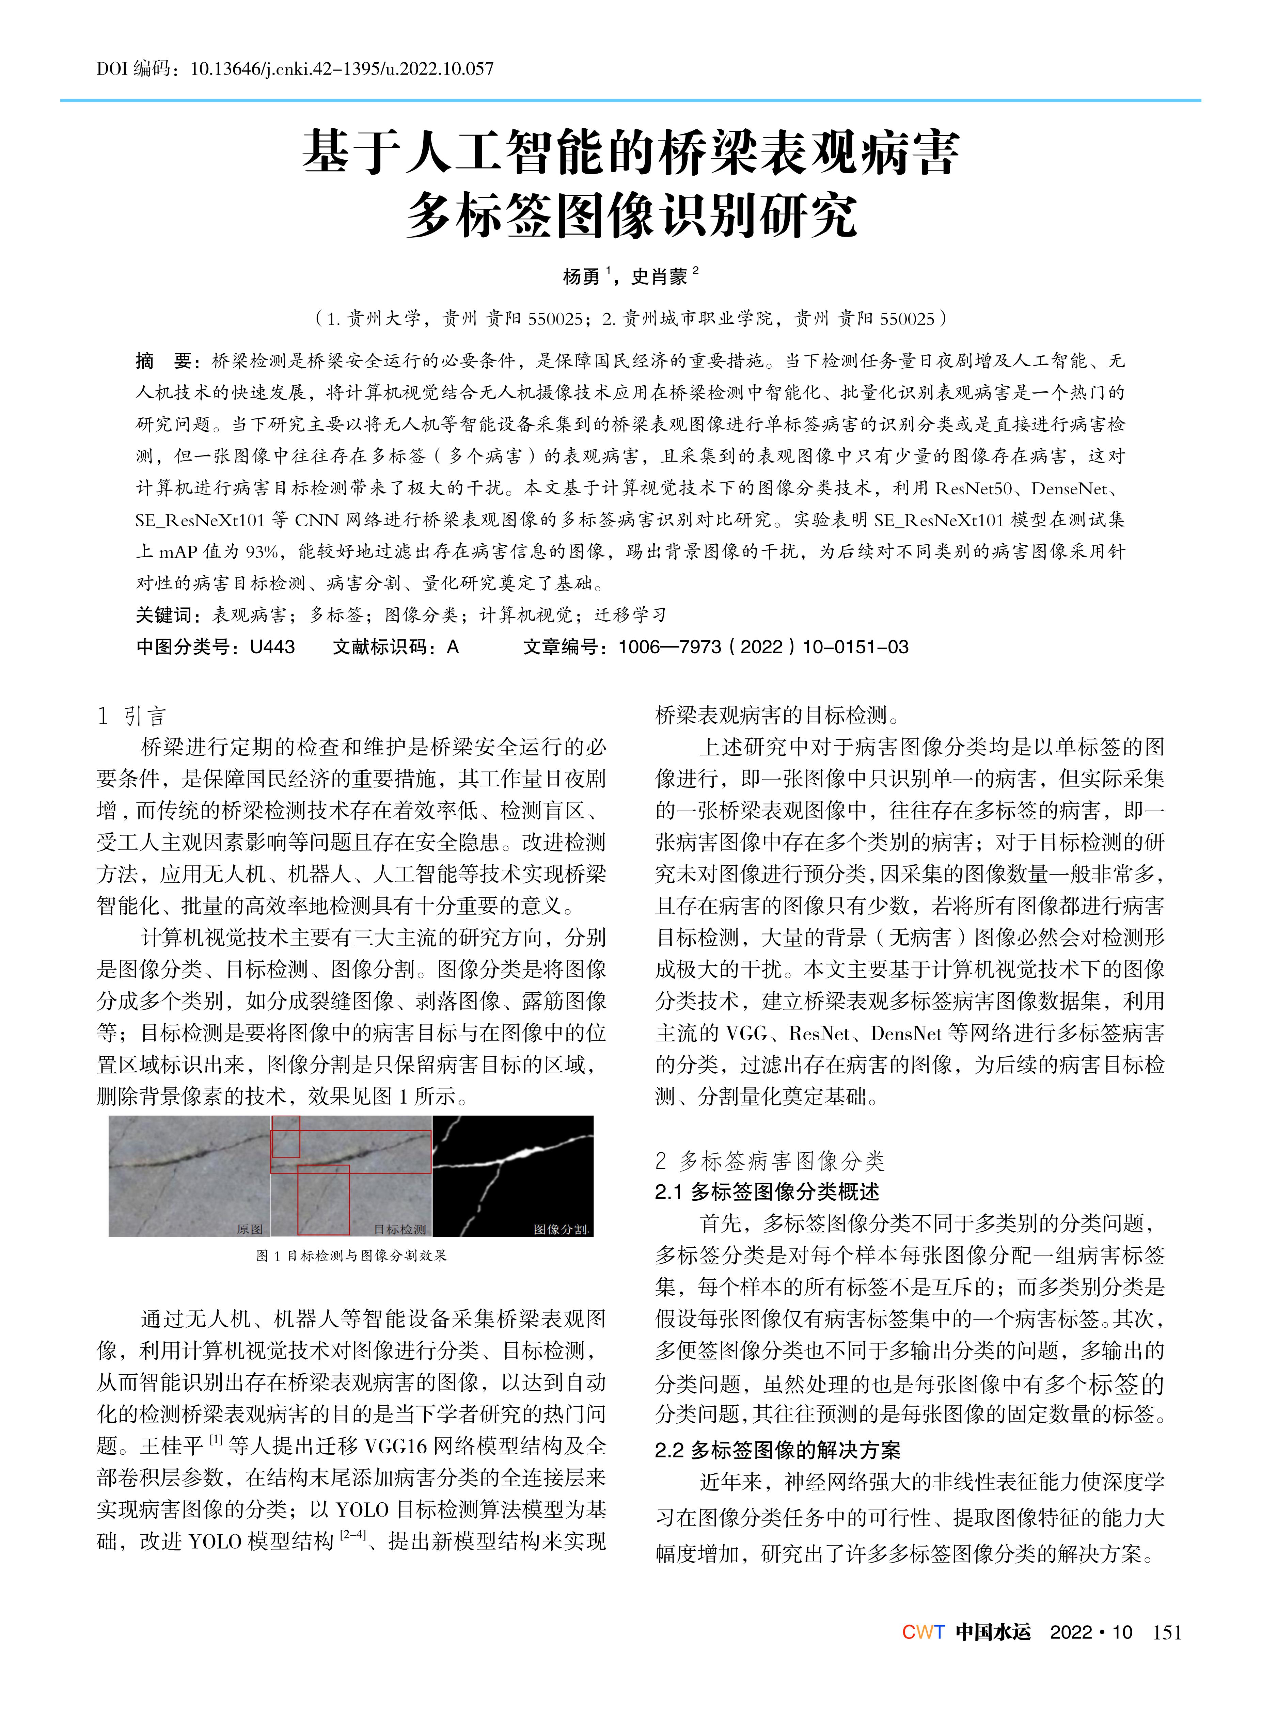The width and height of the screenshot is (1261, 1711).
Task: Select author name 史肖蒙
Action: pos(660,276)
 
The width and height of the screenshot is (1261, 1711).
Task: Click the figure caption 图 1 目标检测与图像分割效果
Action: pos(352,1256)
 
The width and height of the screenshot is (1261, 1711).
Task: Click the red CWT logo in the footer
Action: pos(923,1632)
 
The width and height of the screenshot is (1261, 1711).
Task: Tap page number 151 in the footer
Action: pos(1167,1632)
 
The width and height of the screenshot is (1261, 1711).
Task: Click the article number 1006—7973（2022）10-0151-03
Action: pos(762,647)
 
